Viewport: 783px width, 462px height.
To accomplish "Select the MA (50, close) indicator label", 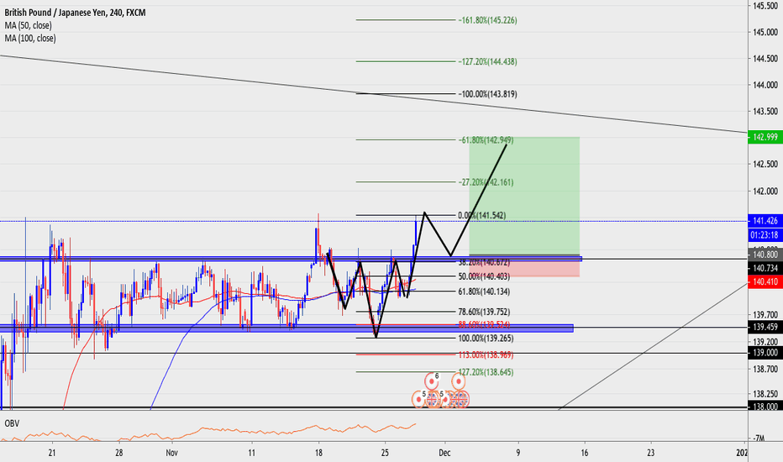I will (x=32, y=25).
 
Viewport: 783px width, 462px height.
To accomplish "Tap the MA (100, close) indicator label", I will (x=34, y=38).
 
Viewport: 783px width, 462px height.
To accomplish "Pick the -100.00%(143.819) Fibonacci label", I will (x=487, y=94).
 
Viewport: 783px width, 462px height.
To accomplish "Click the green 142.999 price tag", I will (x=764, y=137).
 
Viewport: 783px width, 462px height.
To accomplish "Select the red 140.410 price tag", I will (x=764, y=282).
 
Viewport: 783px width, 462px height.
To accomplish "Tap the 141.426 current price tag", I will (x=764, y=221).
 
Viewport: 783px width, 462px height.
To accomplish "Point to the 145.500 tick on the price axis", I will (x=765, y=6).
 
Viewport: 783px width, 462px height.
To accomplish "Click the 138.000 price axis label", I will (x=764, y=406).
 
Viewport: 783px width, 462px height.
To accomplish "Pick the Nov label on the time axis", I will (x=172, y=452).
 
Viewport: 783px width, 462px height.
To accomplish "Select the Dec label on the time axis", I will (x=444, y=452).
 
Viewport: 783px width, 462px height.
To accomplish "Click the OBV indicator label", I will (x=12, y=421).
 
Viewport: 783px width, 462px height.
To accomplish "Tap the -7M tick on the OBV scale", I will (x=759, y=438).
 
